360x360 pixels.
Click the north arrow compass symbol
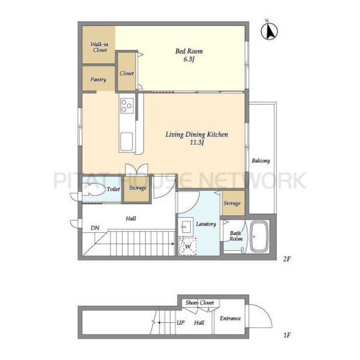point(269,31)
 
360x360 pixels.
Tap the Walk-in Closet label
point(100,47)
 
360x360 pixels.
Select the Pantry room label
point(98,80)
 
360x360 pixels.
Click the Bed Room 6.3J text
point(189,55)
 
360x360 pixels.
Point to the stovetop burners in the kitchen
point(127,106)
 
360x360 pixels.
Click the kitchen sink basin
point(126,141)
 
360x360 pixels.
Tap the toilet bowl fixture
point(94,189)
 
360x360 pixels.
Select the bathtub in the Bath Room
point(259,236)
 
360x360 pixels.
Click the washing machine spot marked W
point(187,247)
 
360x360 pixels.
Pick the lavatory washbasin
point(186,227)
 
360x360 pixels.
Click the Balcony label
point(261,160)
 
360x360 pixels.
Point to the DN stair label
point(95,228)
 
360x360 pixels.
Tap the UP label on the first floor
point(181,323)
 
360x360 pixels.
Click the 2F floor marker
point(287,259)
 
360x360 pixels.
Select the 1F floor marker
point(287,335)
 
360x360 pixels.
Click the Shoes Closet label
point(200,302)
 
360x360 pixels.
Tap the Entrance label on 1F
point(230,319)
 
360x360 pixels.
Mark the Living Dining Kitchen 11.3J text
point(197,138)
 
